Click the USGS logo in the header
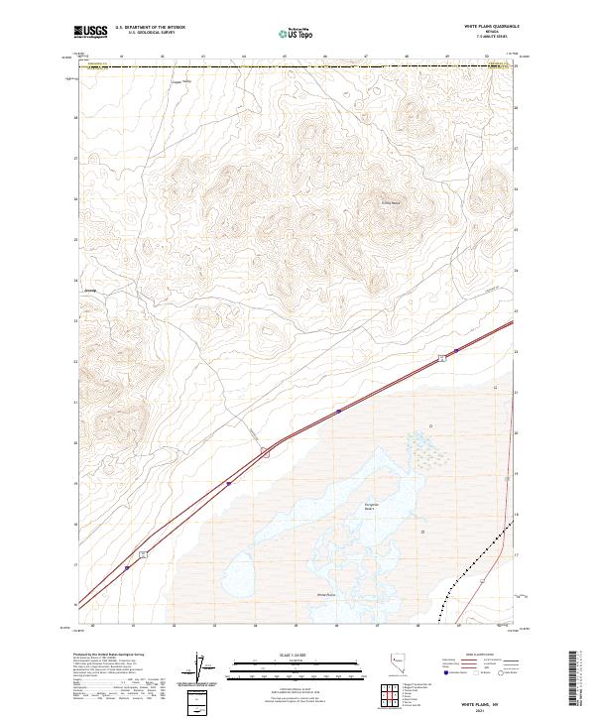point(90,33)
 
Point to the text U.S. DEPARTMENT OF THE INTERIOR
point(150,28)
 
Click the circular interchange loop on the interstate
point(265,453)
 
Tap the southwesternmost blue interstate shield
point(127,568)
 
